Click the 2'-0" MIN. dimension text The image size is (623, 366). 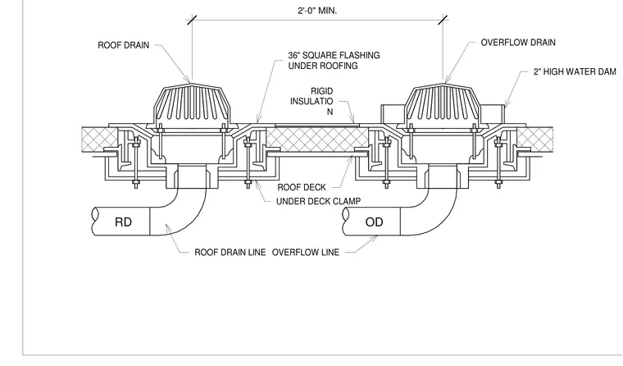pyautogui.click(x=317, y=11)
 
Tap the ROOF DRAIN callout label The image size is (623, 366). pyautogui.click(x=124, y=45)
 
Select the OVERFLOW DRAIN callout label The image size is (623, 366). pyautogui.click(x=518, y=43)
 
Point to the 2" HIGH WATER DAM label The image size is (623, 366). pyautogui.click(x=575, y=71)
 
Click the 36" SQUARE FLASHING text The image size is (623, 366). pyautogui.click(x=334, y=55)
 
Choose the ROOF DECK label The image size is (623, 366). pyautogui.click(x=302, y=187)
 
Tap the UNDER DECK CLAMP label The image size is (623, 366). pyautogui.click(x=319, y=201)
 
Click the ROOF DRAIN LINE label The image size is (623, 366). pyautogui.click(x=230, y=252)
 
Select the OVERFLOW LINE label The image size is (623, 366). pyautogui.click(x=306, y=252)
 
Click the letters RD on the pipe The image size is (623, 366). pyautogui.click(x=123, y=222)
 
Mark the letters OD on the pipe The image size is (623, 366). pyautogui.click(x=374, y=222)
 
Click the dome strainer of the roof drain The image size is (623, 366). pyautogui.click(x=192, y=104)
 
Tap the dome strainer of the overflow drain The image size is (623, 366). pyautogui.click(x=443, y=104)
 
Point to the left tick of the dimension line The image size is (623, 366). pyautogui.click(x=192, y=20)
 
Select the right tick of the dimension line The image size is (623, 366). pyautogui.click(x=443, y=20)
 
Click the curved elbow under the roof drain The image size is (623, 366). pyautogui.click(x=187, y=217)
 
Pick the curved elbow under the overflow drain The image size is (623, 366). pyautogui.click(x=437, y=217)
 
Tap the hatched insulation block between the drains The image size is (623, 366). pyautogui.click(x=317, y=140)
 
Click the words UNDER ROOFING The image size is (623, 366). pyautogui.click(x=323, y=66)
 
